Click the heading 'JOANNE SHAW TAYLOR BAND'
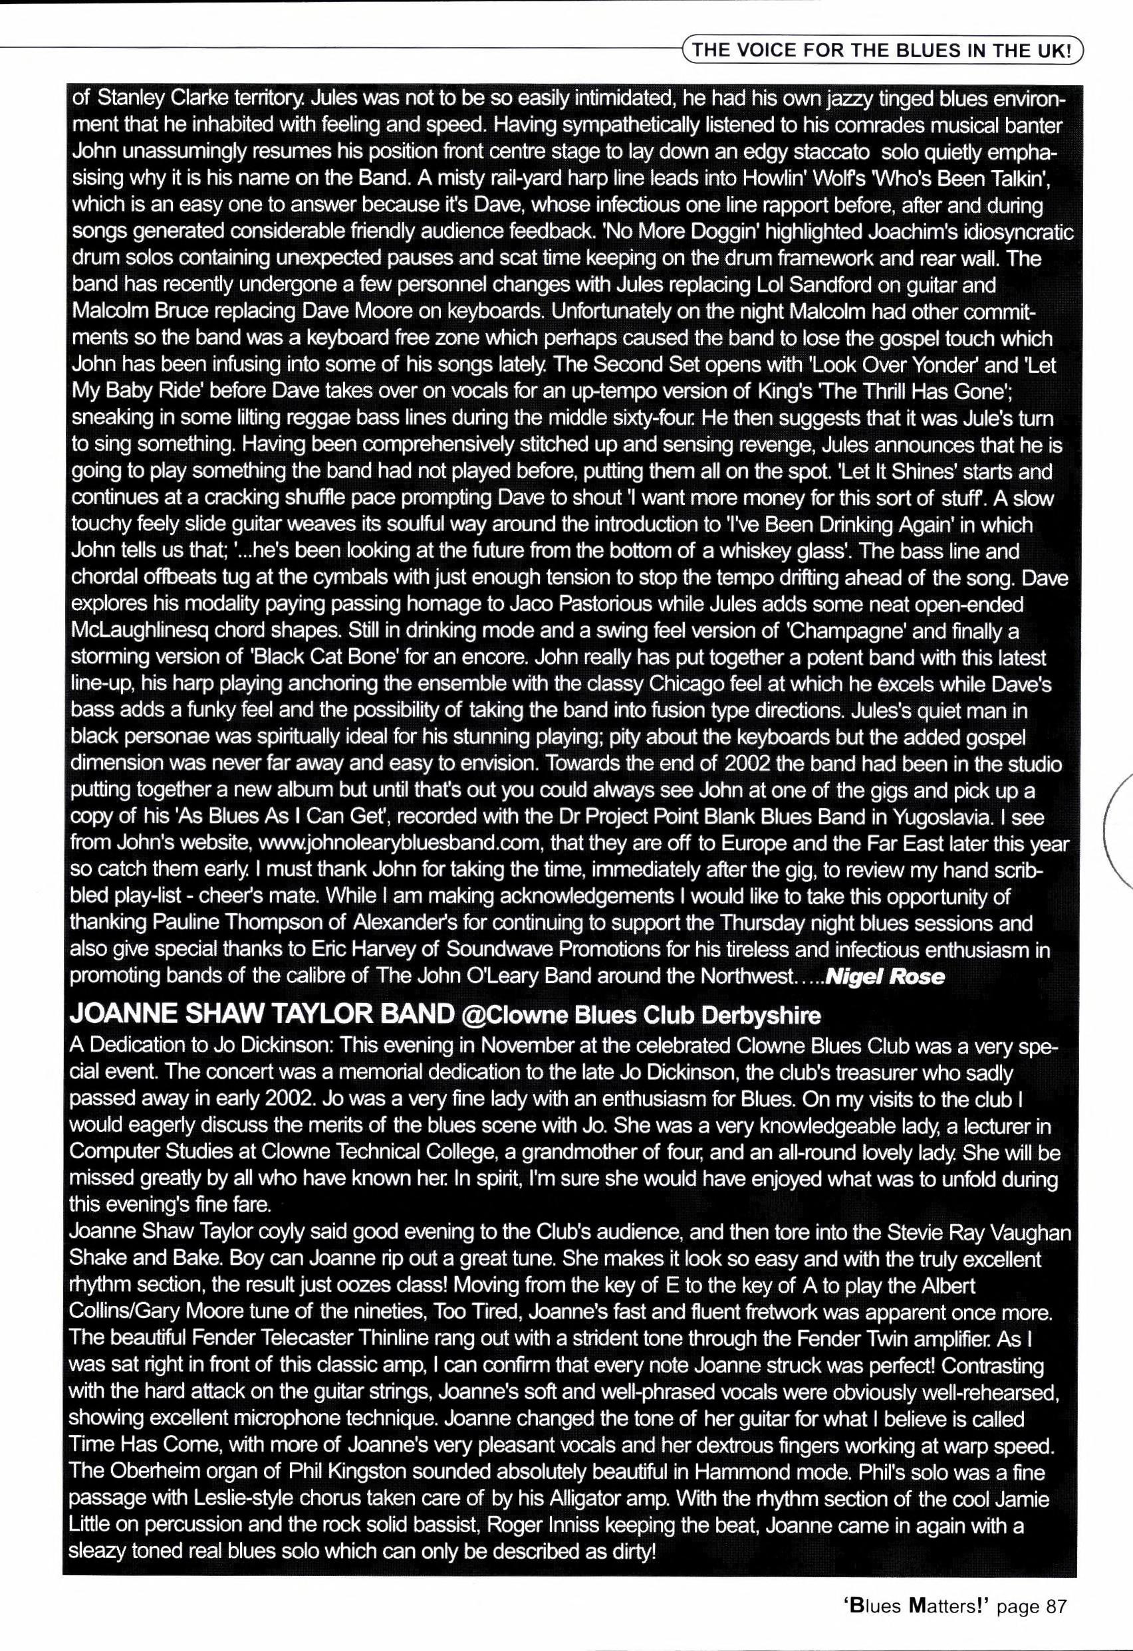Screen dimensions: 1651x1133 (261, 1015)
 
